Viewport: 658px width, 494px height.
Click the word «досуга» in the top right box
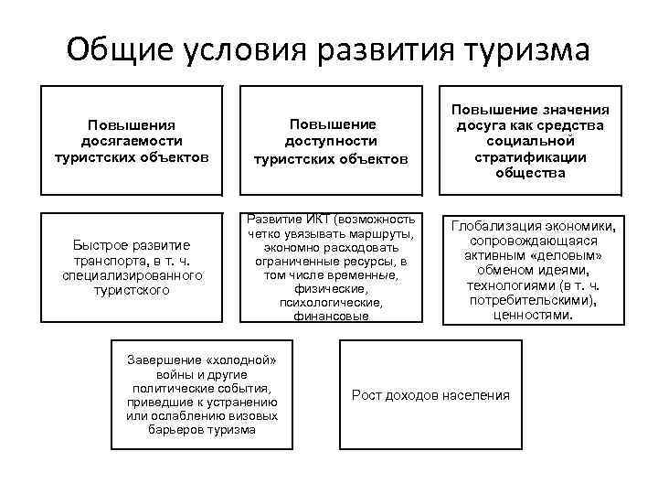pos(483,125)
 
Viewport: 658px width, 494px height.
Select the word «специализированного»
pos(132,274)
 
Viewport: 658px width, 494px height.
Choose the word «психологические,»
pos(330,303)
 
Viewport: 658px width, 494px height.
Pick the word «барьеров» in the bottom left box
pos(176,430)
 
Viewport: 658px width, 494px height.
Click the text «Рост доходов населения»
pos(431,394)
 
